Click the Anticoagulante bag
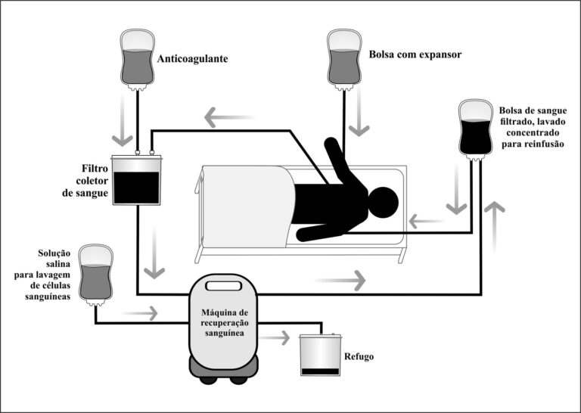click(138, 60)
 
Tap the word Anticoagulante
click(192, 59)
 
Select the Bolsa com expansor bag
click(344, 60)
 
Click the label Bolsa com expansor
click(415, 54)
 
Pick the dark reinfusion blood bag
click(476, 129)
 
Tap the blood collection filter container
click(136, 179)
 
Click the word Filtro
click(95, 169)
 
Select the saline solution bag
click(96, 275)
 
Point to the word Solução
click(54, 253)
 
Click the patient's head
click(383, 203)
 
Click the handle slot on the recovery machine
click(224, 286)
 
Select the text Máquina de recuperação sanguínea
click(225, 323)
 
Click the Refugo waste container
click(320, 355)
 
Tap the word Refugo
click(359, 356)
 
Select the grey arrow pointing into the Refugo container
click(275, 338)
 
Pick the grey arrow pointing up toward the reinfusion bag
click(494, 227)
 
